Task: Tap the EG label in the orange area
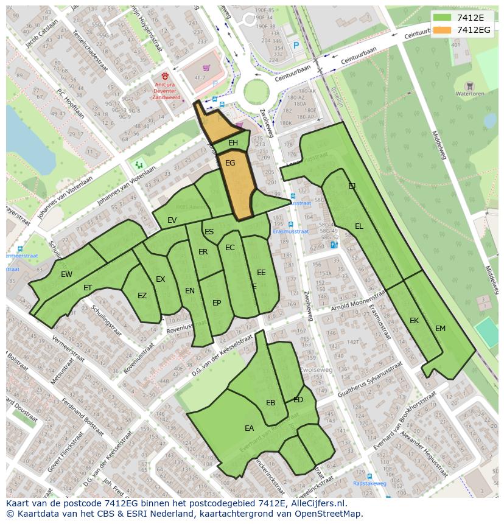(x=230, y=163)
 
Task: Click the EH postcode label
(x=233, y=143)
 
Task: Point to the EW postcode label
(x=66, y=274)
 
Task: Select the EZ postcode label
(x=142, y=296)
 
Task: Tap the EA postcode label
(x=249, y=428)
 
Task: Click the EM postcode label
(x=440, y=329)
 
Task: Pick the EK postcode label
(x=414, y=321)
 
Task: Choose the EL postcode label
(x=359, y=226)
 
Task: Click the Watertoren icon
(x=469, y=86)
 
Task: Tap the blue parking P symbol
(x=296, y=45)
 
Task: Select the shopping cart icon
(x=206, y=68)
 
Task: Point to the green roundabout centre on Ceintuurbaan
(x=256, y=93)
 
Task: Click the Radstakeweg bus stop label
(x=369, y=484)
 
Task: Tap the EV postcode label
(x=172, y=220)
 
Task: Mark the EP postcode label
(x=217, y=303)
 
